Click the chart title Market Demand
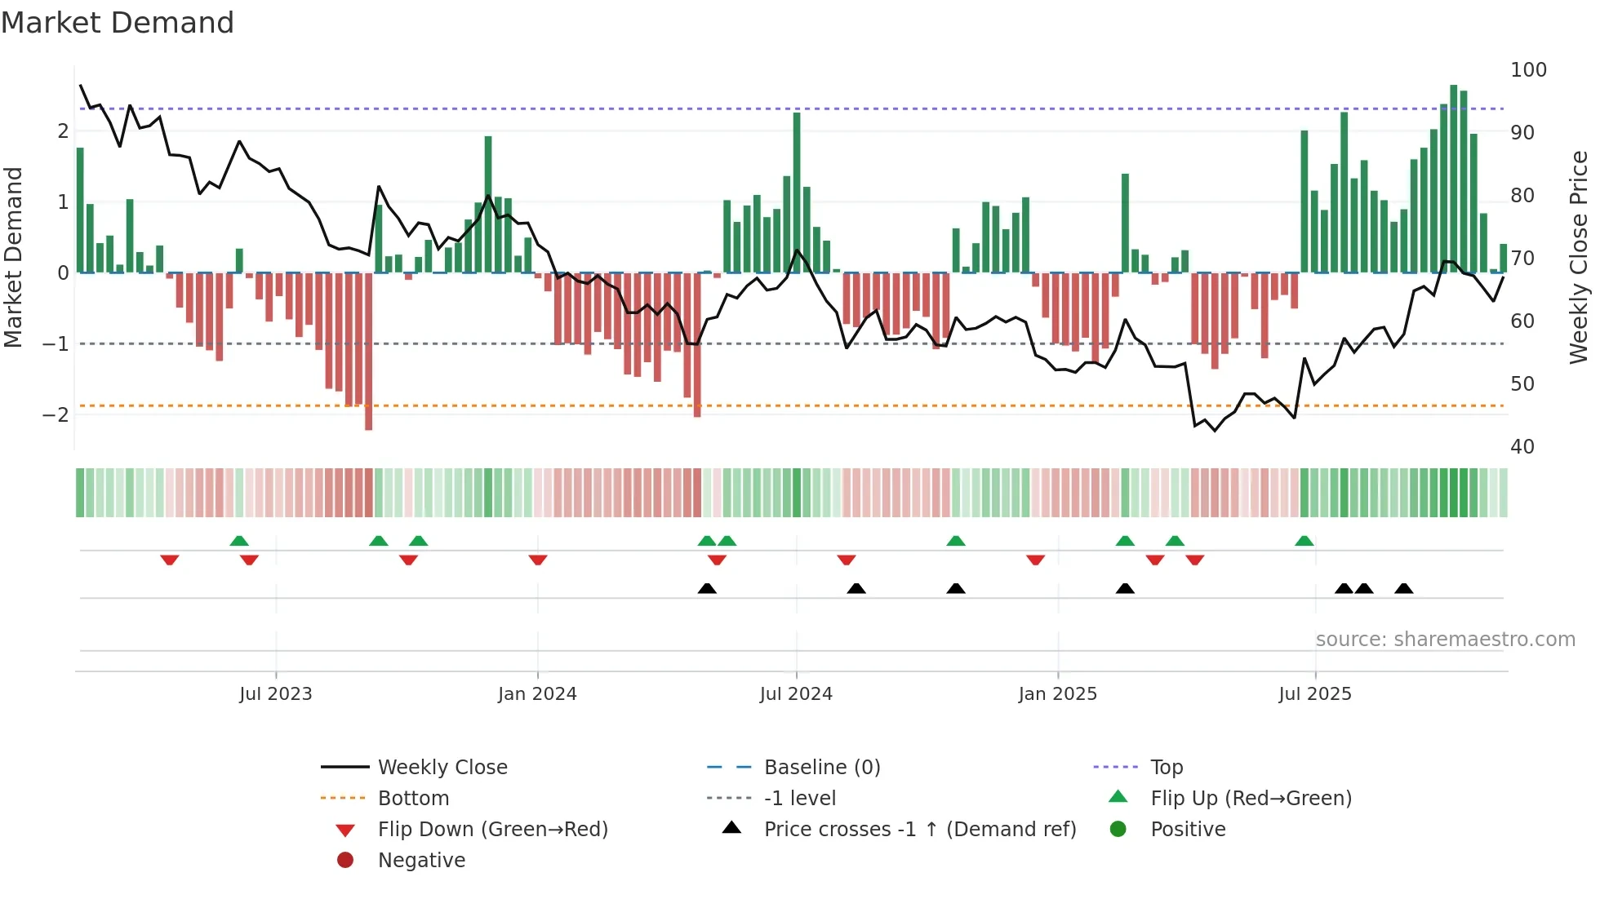118,23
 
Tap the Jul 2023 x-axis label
275,693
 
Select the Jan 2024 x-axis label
537,693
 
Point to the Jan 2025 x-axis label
1057,693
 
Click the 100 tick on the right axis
1528,70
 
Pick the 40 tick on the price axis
1522,446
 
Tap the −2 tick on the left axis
56,414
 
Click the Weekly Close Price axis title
1579,257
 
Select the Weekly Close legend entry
442,767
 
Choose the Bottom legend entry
413,798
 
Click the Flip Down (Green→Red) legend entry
492,829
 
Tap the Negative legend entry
421,860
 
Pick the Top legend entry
1166,767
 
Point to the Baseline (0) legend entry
821,767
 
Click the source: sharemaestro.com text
1445,639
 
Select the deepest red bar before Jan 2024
368,351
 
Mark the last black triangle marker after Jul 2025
1403,588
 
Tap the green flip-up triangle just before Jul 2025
1304,541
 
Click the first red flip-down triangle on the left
169,560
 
